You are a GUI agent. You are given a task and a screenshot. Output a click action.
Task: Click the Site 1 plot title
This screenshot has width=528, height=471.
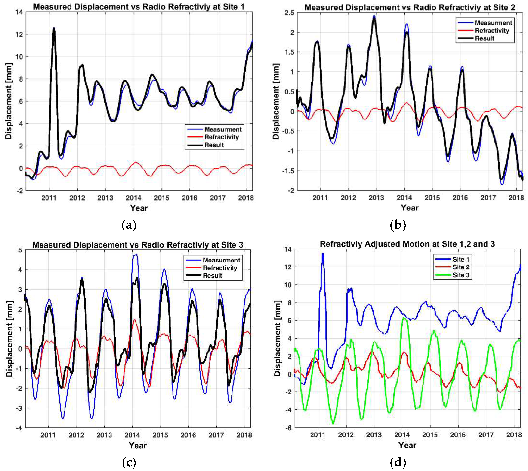click(139, 7)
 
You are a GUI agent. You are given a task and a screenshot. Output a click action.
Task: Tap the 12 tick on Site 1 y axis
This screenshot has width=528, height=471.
click(20, 34)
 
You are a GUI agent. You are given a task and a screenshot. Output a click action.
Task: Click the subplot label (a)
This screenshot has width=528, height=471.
click(129, 225)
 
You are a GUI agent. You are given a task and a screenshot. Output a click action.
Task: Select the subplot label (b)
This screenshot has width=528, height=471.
click(398, 225)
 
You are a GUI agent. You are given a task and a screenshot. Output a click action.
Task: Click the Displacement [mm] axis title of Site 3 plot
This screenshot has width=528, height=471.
click(9, 339)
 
